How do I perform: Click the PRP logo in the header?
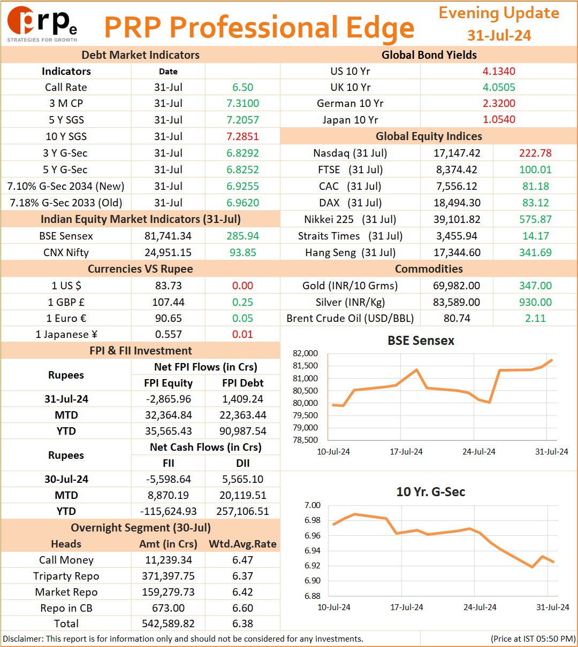tap(42, 24)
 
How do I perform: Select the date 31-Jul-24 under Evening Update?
tap(499, 35)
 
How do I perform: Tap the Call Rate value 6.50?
tap(242, 87)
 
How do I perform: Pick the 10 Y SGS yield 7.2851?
tap(242, 136)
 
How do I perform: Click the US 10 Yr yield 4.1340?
tap(499, 71)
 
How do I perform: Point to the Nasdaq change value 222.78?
tap(535, 153)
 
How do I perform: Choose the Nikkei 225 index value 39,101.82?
tap(457, 219)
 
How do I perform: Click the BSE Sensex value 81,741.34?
tap(168, 236)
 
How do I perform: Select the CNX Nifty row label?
tap(66, 252)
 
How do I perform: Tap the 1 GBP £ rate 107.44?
tap(168, 302)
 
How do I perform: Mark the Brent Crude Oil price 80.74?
tap(457, 318)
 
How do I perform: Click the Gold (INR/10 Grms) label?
tap(350, 286)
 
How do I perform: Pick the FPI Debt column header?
tap(242, 383)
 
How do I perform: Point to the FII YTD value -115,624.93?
tap(169, 511)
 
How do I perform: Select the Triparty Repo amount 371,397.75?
tap(168, 576)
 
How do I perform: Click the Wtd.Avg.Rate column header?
tap(242, 544)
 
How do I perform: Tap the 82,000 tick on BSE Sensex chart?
tap(305, 353)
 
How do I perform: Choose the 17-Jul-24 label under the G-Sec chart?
tap(407, 607)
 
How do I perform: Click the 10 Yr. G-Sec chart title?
tap(431, 492)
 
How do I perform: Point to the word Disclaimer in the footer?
tap(22, 638)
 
